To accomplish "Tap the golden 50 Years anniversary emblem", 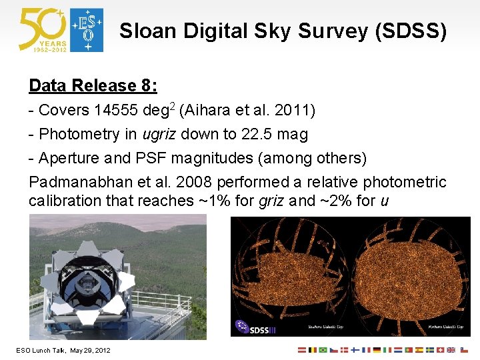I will (x=43, y=30).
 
